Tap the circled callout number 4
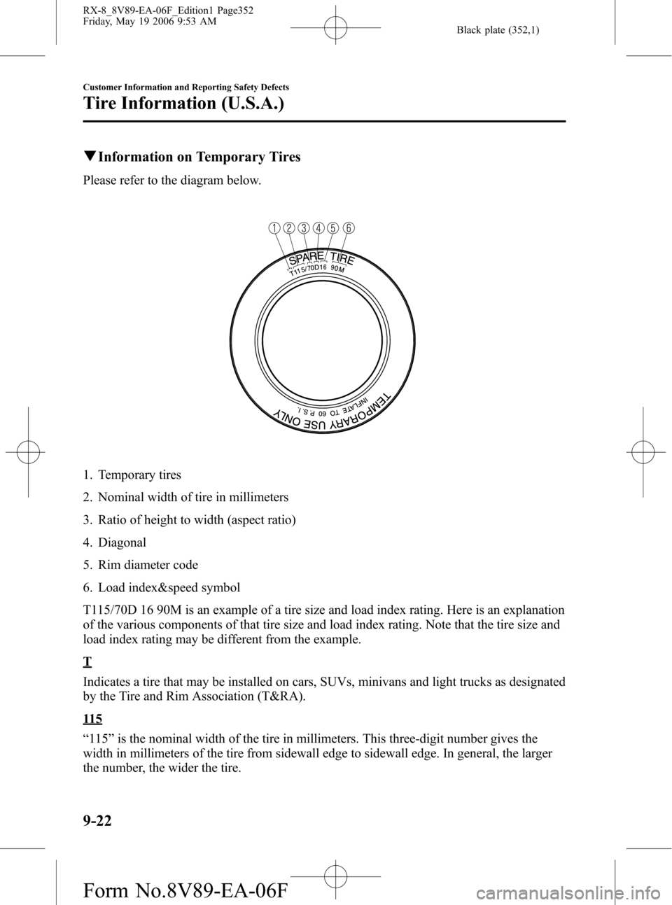point(318,227)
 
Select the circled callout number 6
point(348,227)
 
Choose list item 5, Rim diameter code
point(148,564)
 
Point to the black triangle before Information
point(87,157)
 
